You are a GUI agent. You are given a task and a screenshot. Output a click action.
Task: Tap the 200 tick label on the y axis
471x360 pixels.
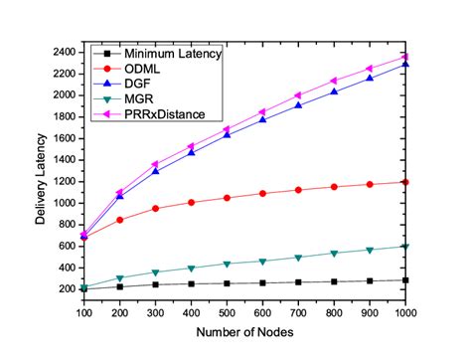69,289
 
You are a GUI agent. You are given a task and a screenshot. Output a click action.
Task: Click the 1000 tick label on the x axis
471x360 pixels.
404,309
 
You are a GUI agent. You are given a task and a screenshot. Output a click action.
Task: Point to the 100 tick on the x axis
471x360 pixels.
84,309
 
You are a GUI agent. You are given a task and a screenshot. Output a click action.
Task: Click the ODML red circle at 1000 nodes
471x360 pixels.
404,182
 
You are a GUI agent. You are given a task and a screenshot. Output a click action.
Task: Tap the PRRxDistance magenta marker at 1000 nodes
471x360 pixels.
404,56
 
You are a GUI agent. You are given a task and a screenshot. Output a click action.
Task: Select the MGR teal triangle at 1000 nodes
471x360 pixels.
404,247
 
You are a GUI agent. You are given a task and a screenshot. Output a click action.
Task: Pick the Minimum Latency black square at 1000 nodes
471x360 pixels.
404,280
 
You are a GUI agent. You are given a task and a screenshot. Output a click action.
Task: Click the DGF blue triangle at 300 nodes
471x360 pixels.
156,170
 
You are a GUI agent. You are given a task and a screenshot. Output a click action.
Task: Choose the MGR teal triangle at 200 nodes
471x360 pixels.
120,278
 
